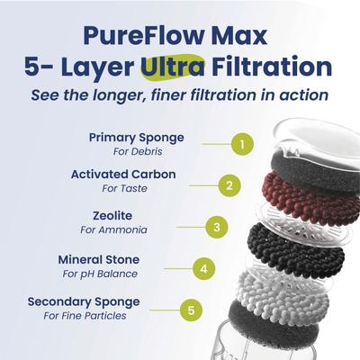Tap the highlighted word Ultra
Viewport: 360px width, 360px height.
(172, 67)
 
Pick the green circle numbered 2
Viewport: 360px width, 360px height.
(229, 185)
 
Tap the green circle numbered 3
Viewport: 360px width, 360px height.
(214, 226)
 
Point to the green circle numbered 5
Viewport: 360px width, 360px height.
(189, 310)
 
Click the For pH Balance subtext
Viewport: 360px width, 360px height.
(101, 273)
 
